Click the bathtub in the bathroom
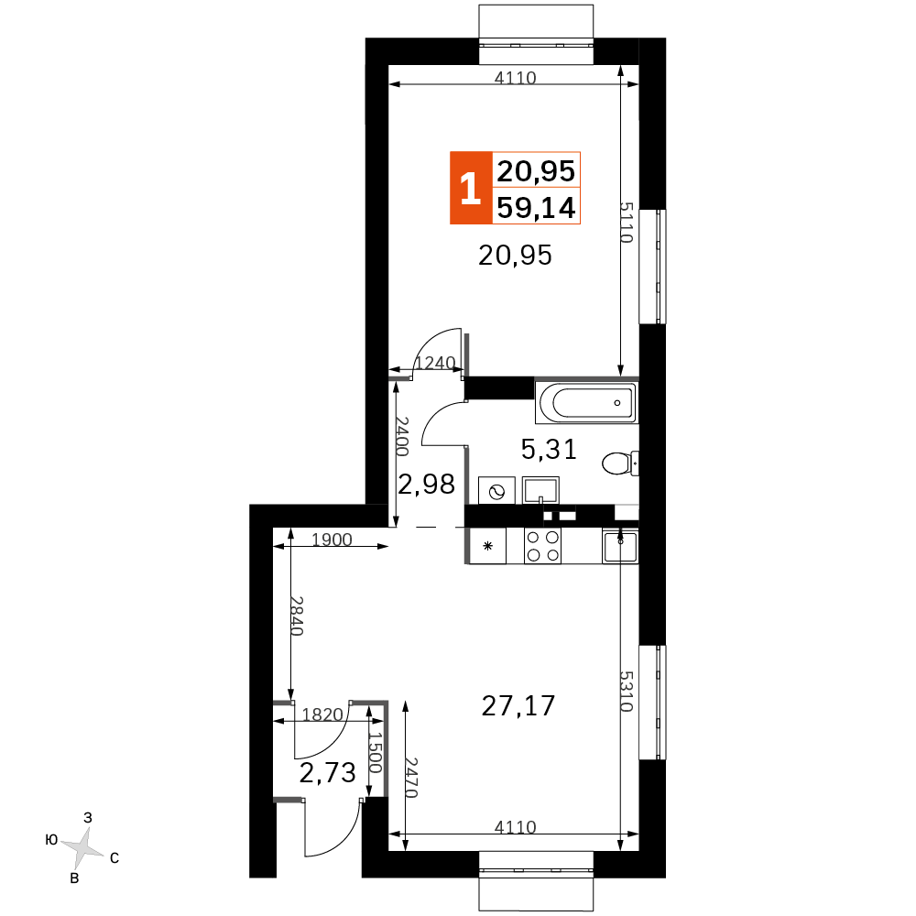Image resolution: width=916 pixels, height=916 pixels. (586, 401)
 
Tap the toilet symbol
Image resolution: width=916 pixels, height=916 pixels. (620, 463)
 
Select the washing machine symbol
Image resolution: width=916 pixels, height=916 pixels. (497, 490)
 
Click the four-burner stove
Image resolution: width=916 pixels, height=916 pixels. (542, 546)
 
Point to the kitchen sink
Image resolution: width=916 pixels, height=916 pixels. (620, 546)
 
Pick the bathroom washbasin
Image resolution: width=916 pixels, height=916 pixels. (541, 490)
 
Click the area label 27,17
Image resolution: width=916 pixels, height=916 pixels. (518, 705)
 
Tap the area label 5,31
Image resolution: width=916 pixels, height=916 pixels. (549, 449)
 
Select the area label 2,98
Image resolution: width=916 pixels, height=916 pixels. (427, 485)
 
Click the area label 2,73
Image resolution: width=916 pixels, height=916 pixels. (328, 773)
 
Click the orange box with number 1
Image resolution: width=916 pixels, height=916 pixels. (471, 188)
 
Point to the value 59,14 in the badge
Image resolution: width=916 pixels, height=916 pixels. (536, 207)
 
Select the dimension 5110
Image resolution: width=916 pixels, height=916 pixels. (627, 222)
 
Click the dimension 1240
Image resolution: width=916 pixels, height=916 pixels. (435, 363)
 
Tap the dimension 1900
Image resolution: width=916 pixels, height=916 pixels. (332, 540)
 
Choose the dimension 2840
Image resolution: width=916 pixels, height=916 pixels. (297, 616)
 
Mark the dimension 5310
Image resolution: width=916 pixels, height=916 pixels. (627, 691)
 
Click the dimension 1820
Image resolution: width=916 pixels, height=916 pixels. (322, 714)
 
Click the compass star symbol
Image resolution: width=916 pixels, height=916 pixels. (82, 846)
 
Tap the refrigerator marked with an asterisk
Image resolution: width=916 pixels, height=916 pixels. (488, 546)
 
